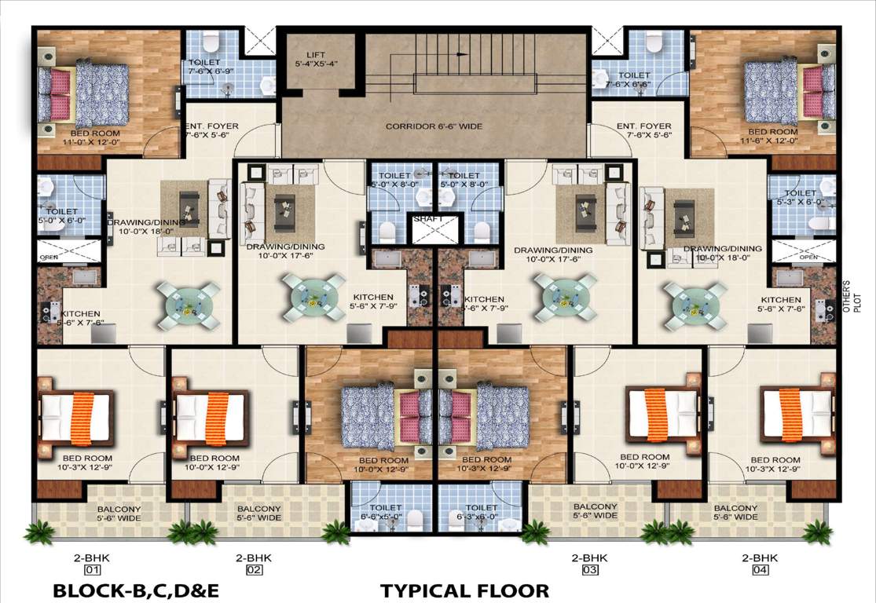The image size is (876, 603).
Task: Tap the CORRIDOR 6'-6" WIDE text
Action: point(434,126)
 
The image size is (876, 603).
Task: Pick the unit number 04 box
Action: point(760,571)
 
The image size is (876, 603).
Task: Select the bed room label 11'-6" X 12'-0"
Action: point(773,137)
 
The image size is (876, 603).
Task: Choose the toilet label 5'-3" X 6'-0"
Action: point(801,197)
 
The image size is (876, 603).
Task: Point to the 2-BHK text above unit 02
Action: point(253,557)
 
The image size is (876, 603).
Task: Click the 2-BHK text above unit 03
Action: point(589,557)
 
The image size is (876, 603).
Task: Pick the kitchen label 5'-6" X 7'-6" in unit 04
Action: point(780,305)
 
